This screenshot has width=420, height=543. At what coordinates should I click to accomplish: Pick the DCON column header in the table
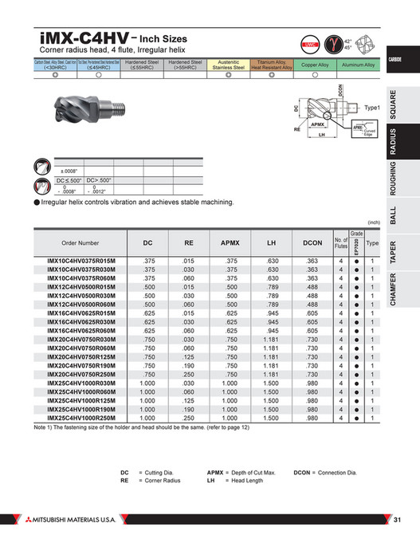pyautogui.click(x=312, y=242)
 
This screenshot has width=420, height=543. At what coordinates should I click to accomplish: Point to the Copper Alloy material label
pyautogui.click(x=315, y=65)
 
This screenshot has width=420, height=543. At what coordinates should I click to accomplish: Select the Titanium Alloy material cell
pyautogui.click(x=272, y=65)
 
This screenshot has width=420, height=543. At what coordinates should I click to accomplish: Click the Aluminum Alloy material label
pyautogui.click(x=358, y=65)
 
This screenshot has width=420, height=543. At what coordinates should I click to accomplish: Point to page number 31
pyautogui.click(x=398, y=521)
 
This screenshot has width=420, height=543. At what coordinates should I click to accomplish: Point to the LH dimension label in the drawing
pyautogui.click(x=322, y=135)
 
